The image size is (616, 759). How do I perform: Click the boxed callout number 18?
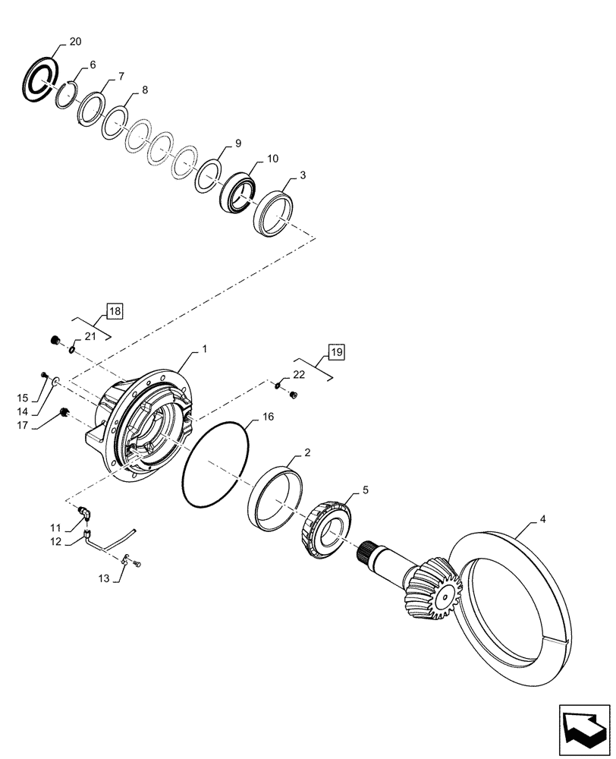[114, 310]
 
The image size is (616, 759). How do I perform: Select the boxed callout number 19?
[337, 351]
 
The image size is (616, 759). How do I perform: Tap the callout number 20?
[74, 43]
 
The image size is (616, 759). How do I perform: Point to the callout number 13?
[105, 579]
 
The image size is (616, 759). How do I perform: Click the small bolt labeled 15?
[45, 375]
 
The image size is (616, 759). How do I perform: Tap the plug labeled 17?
[64, 412]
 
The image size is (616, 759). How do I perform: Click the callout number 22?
[298, 374]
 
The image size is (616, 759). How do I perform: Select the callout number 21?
[90, 336]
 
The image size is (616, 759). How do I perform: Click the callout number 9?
[238, 143]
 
